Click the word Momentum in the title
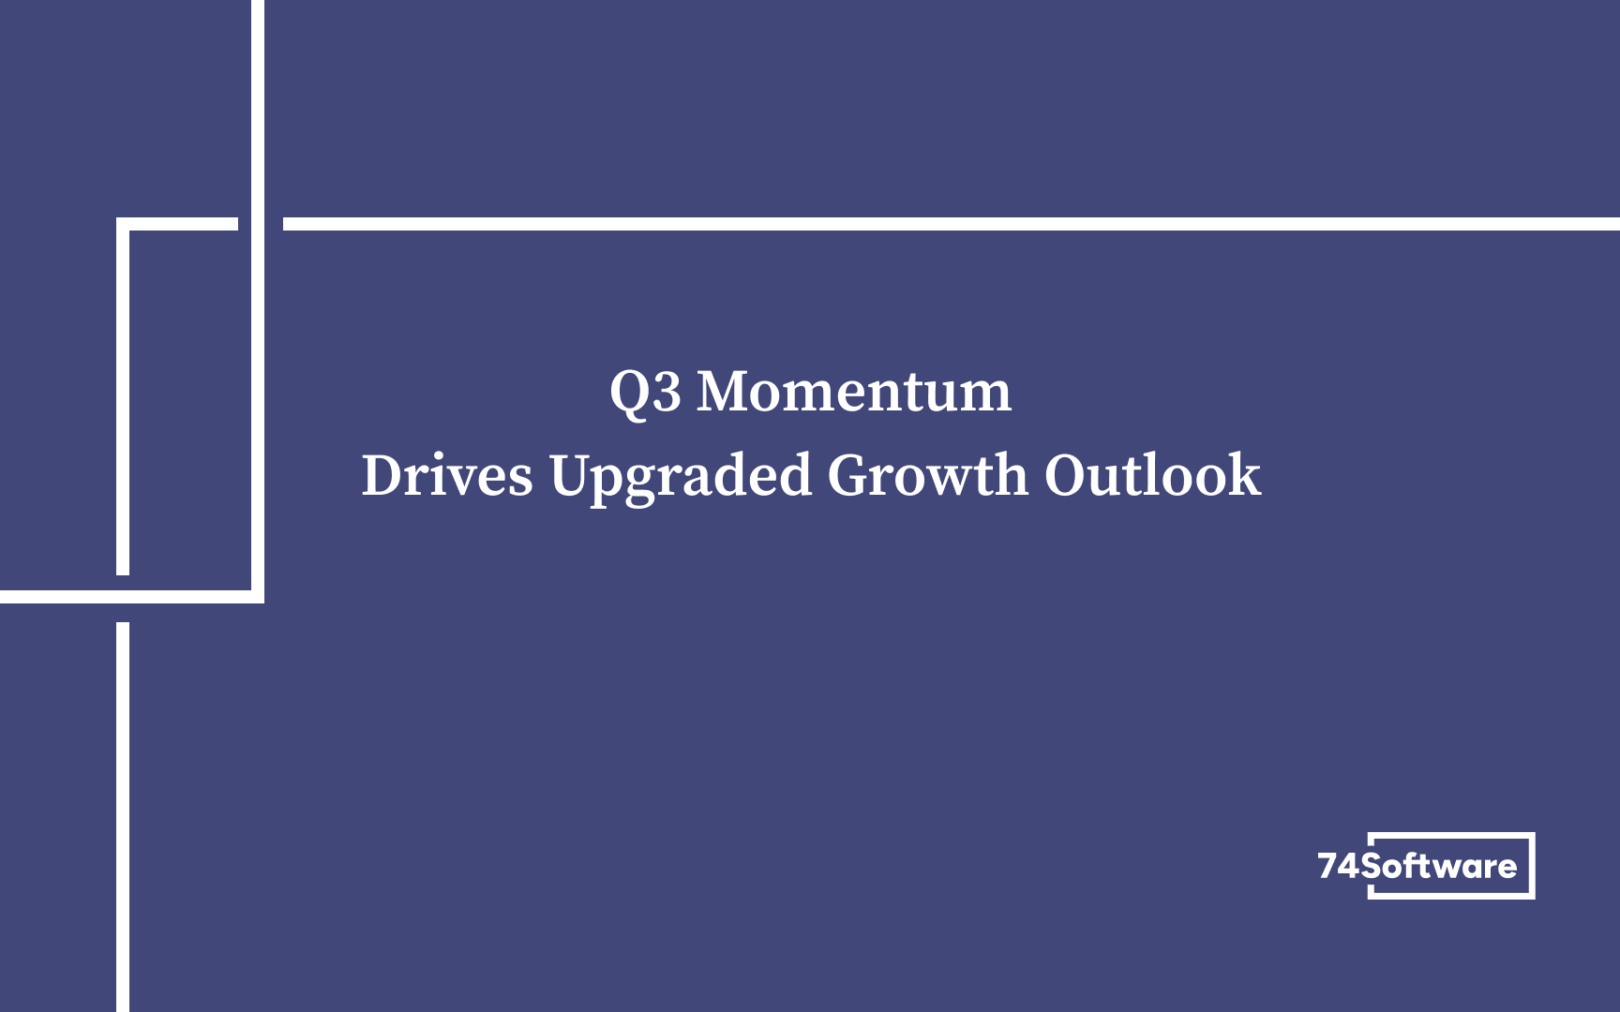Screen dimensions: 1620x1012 (x=854, y=391)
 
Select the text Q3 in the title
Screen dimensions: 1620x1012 (x=645, y=392)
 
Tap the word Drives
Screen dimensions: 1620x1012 (x=447, y=475)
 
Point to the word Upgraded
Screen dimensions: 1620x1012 (x=681, y=478)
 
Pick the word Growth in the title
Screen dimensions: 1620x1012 (x=928, y=475)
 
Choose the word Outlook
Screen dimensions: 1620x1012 (x=1152, y=474)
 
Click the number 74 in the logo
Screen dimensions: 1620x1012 (x=1339, y=866)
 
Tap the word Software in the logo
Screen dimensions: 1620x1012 (x=1439, y=866)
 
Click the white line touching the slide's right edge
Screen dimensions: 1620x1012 (x=952, y=224)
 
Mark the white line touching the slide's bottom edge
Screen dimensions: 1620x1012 (x=123, y=817)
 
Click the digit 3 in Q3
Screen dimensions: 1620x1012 (x=667, y=393)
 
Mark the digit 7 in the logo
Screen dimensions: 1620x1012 (x=1328, y=866)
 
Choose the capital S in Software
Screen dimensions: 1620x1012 (x=1372, y=866)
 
